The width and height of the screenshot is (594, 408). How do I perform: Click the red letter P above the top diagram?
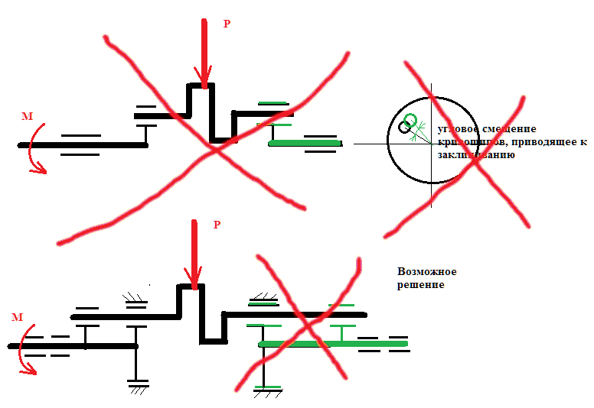(226, 24)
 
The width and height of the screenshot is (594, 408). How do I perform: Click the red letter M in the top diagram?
(28, 116)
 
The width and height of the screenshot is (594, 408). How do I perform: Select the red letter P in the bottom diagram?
(217, 225)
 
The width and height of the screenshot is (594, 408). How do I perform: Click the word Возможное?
(426, 272)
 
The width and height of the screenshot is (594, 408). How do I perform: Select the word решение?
(421, 285)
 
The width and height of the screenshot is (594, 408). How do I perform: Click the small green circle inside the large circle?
(411, 120)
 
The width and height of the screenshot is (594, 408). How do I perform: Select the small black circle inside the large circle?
(402, 128)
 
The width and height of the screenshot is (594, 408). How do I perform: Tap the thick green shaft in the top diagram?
(305, 143)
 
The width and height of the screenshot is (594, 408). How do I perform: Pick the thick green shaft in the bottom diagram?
(333, 344)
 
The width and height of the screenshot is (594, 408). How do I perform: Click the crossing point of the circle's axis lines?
(430, 143)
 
